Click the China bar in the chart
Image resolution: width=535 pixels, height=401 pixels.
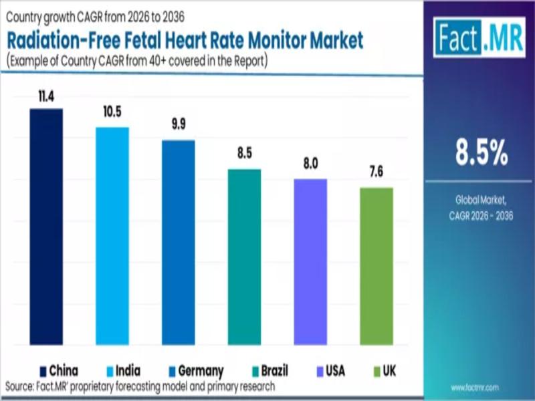point(46,227)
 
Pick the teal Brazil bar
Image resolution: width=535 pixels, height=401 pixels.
point(244,257)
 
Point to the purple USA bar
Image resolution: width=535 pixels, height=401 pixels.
point(310,262)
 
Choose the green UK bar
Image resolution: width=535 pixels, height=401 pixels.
point(376,266)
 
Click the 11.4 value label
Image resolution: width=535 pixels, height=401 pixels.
point(46,98)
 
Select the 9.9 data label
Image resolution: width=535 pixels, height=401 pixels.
point(179,127)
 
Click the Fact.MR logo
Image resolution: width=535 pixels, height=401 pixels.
point(473,37)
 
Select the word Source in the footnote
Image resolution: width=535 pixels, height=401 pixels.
point(21,386)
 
